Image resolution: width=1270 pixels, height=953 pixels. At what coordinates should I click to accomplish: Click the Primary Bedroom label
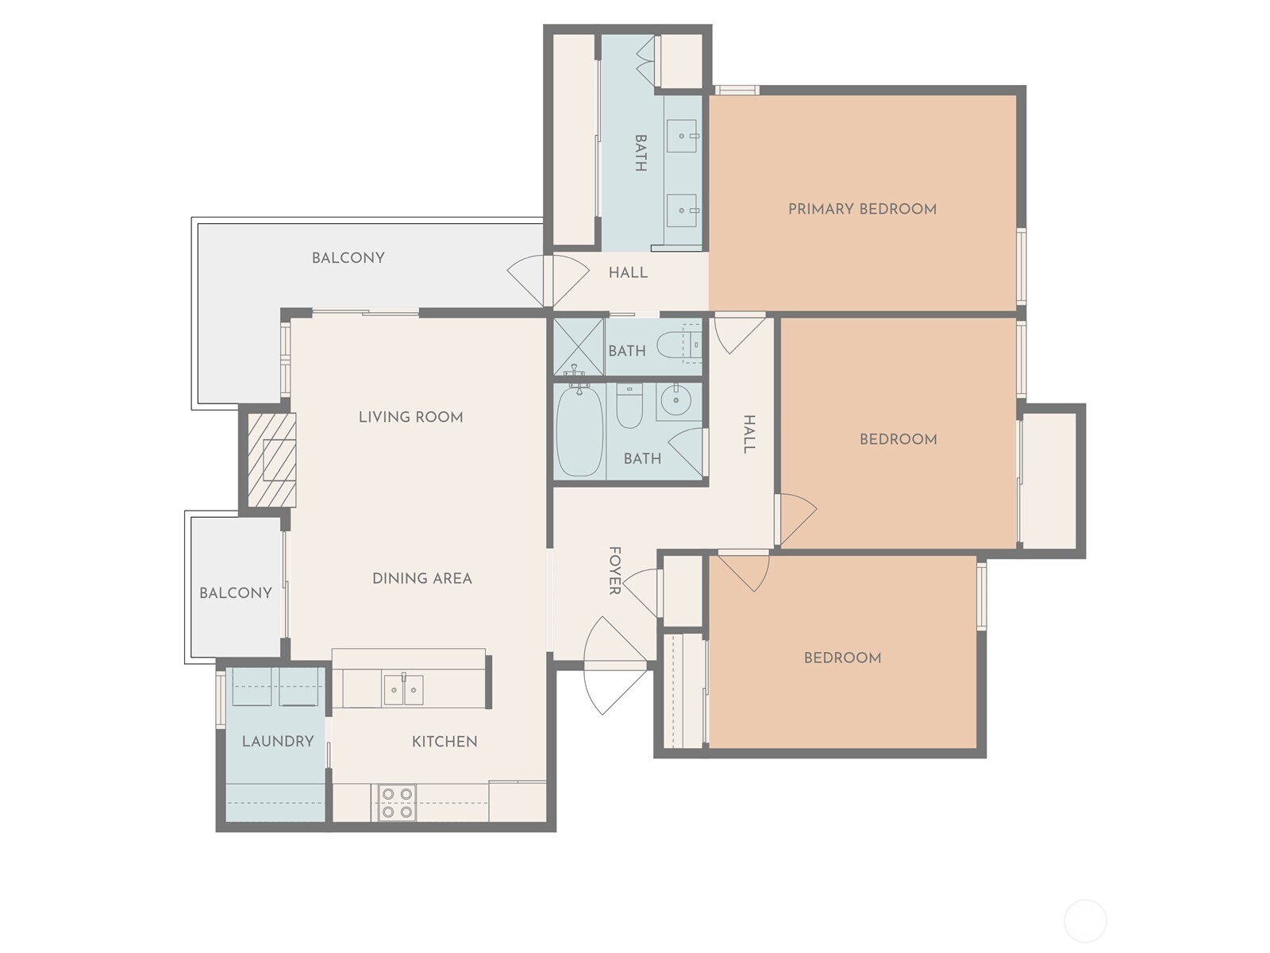pos(862,209)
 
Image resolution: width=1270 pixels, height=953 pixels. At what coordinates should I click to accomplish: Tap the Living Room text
pos(410,417)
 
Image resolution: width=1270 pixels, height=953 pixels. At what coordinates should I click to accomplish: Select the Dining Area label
pos(421,578)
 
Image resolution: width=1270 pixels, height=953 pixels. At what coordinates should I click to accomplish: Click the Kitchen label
pos(444,742)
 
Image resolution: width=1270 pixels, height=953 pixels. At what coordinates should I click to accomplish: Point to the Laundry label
pos(278,741)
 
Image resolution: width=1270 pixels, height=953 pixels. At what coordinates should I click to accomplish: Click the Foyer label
pos(614,570)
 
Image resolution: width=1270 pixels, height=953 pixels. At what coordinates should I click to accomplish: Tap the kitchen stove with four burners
pos(396,802)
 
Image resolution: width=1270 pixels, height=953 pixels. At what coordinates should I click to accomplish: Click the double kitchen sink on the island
pos(403,689)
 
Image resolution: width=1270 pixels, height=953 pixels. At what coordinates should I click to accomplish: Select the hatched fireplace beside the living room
pos(271,459)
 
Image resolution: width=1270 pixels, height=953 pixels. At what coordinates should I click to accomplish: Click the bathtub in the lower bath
pos(579,431)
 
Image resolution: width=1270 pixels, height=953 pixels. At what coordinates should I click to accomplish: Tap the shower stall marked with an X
pos(578,346)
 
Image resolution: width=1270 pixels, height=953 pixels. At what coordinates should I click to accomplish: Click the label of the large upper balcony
pos(348,258)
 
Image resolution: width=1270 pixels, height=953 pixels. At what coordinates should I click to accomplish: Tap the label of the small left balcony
pos(236,593)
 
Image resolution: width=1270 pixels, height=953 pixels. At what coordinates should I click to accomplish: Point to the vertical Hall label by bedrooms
pos(749,434)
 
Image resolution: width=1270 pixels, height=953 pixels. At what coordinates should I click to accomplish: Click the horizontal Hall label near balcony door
pos(628,273)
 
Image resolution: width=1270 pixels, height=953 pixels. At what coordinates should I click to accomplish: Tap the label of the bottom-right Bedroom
pos(842,658)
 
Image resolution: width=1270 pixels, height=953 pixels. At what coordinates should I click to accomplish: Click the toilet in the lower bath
pos(629,406)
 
